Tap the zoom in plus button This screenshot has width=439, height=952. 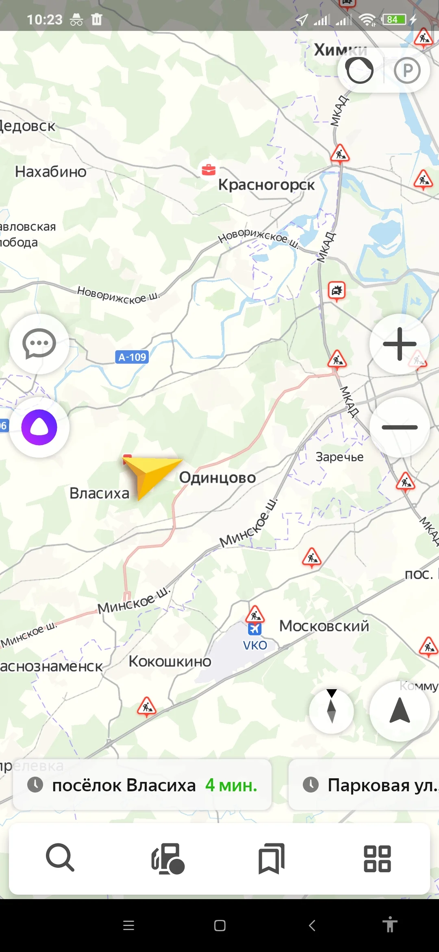click(400, 344)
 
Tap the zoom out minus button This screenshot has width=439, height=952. click(400, 427)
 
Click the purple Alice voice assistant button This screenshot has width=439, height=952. click(39, 427)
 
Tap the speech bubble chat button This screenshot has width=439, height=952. click(39, 344)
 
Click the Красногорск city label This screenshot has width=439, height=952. click(266, 185)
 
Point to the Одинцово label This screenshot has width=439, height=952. click(217, 478)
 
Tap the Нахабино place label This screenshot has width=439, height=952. click(51, 172)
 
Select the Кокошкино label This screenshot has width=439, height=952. click(170, 662)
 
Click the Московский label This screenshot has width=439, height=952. click(324, 626)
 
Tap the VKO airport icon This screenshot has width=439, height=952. click(255, 629)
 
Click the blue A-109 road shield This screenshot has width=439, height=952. click(132, 357)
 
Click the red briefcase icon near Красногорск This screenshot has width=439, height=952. click(209, 170)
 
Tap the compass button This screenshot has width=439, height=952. click(331, 711)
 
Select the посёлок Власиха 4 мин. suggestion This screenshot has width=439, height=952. click(142, 785)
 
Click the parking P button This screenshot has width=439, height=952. click(407, 70)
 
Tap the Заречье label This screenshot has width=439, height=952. click(339, 457)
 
